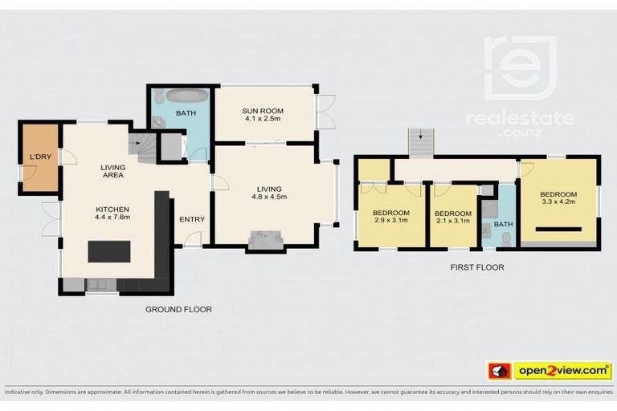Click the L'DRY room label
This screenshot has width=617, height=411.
(39, 157)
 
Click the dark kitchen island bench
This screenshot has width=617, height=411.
(109, 251)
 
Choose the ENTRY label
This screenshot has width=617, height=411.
(191, 219)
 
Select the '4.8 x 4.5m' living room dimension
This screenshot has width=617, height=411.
(269, 196)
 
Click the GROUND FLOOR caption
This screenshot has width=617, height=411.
(178, 309)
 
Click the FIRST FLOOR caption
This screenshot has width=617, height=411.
(477, 267)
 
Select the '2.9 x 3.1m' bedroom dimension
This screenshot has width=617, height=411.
(390, 222)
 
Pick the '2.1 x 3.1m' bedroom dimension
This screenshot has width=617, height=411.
(454, 222)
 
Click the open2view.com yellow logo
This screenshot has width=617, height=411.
(562, 370)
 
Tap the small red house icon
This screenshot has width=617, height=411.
(500, 371)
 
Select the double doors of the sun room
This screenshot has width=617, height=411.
(325, 112)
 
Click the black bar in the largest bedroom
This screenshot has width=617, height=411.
(558, 230)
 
